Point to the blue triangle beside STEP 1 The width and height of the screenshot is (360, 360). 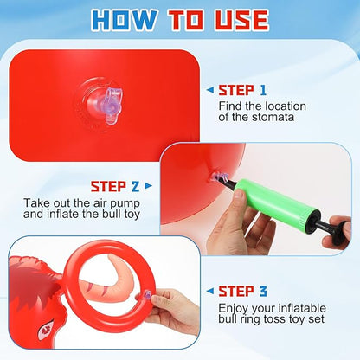(211, 89)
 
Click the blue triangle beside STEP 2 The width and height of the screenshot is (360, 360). (149, 185)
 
